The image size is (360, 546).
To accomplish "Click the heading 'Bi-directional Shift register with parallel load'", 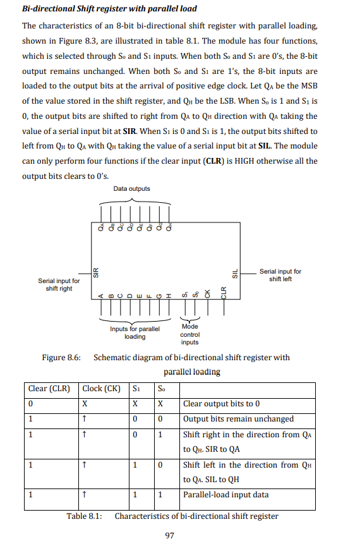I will [x=109, y=9].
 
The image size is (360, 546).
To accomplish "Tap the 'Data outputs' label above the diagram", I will [x=132, y=189].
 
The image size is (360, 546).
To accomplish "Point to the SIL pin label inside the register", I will [x=235, y=272].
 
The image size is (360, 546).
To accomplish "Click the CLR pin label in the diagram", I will [x=223, y=293].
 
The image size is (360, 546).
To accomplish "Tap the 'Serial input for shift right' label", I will [x=59, y=284].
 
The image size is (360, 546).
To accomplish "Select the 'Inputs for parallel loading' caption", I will [x=135, y=332].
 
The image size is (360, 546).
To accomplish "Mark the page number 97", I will [x=169, y=536].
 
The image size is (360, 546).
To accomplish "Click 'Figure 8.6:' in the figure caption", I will [x=61, y=358].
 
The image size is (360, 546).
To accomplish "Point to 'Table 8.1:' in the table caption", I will [x=85, y=516].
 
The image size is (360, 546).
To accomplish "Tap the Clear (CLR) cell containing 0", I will [x=30, y=404].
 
